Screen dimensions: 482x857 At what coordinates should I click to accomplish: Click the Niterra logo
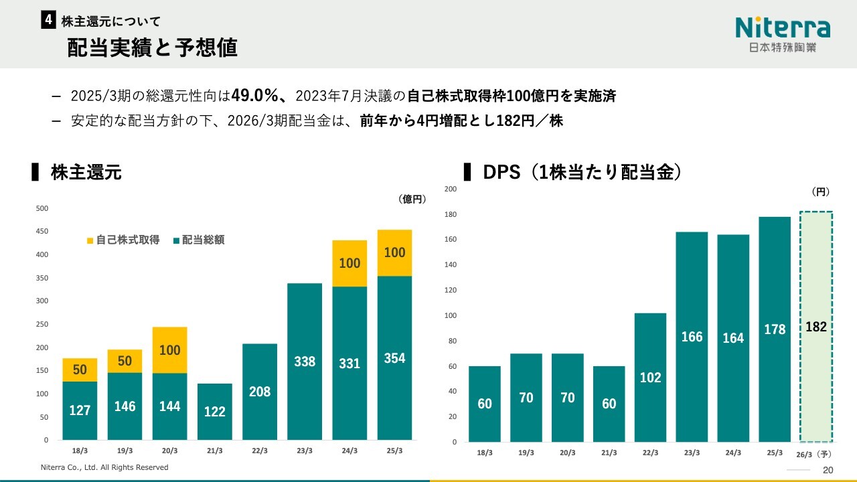pyautogui.click(x=782, y=33)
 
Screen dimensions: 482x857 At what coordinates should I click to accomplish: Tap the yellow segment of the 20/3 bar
pyautogui.click(x=170, y=350)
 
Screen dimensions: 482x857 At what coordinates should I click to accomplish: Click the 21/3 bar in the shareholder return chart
pyautogui.click(x=215, y=411)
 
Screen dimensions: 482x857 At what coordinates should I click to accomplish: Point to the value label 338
pyautogui.click(x=305, y=361)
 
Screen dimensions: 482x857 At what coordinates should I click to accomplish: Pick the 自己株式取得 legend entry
pyautogui.click(x=123, y=240)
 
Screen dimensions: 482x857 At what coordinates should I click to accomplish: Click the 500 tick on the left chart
pyautogui.click(x=42, y=208)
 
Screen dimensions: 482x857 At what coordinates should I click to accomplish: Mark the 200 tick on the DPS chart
pyautogui.click(x=451, y=189)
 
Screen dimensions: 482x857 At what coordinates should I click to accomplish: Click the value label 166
pyautogui.click(x=692, y=337)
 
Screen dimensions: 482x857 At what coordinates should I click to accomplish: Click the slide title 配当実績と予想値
pyautogui.click(x=153, y=48)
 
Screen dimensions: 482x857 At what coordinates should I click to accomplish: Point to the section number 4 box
pyautogui.click(x=48, y=21)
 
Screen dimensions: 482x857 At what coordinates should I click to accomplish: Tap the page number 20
pyautogui.click(x=828, y=470)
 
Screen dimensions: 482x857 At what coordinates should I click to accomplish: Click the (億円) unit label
pyautogui.click(x=412, y=199)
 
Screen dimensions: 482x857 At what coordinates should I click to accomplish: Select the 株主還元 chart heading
pyautogui.click(x=86, y=173)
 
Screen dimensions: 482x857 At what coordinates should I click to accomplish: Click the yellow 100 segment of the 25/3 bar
pyautogui.click(x=394, y=253)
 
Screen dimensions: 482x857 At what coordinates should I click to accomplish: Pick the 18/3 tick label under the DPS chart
pyautogui.click(x=485, y=453)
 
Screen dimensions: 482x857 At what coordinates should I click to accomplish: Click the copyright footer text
pyautogui.click(x=104, y=467)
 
